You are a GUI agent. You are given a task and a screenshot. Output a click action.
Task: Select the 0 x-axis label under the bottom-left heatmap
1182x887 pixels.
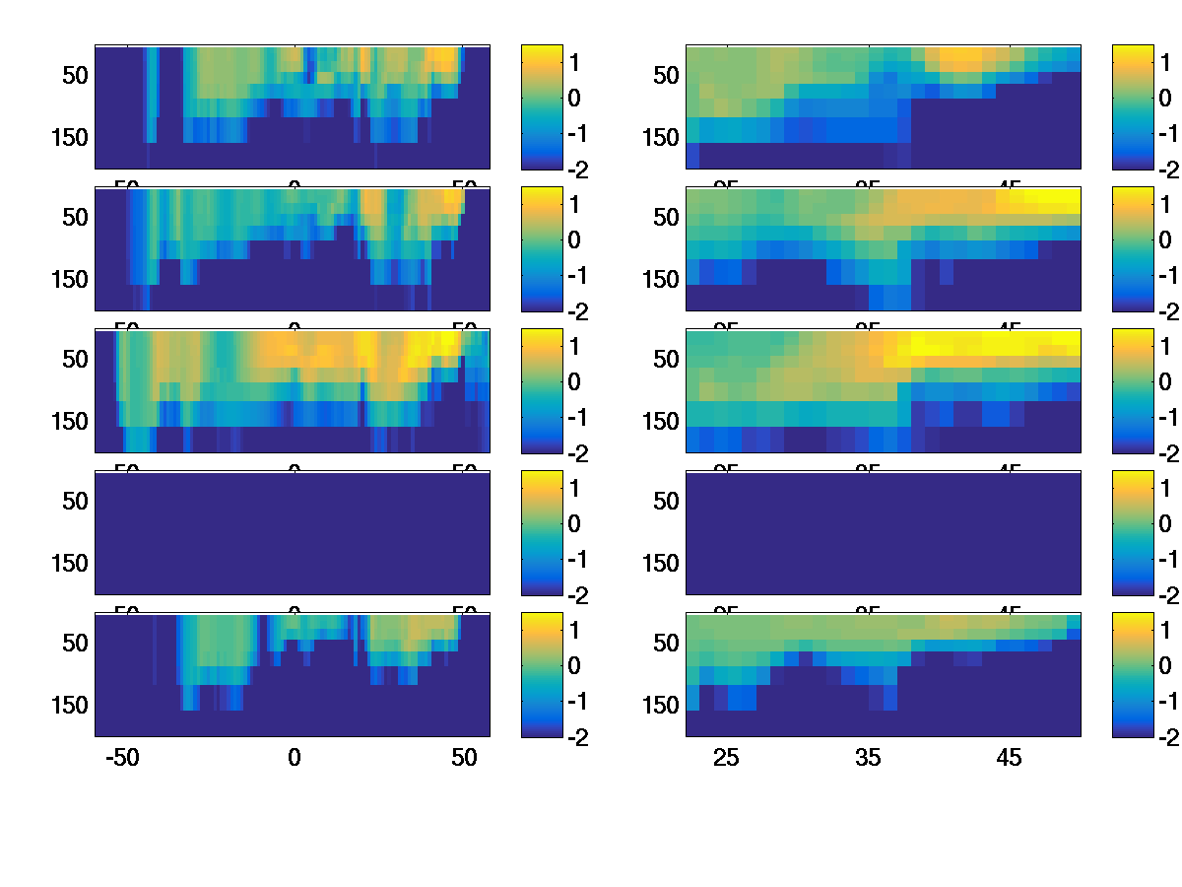[294, 758]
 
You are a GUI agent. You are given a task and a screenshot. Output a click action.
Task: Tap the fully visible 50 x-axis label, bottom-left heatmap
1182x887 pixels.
[464, 758]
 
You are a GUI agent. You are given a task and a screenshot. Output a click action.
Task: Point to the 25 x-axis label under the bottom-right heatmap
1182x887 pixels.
[726, 758]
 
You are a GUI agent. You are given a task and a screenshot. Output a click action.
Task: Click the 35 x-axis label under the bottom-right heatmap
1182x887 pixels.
[868, 758]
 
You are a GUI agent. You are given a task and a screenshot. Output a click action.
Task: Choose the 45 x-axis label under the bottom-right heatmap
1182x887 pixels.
[1010, 758]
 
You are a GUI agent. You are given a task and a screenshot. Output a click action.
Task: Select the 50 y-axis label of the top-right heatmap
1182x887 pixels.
[668, 75]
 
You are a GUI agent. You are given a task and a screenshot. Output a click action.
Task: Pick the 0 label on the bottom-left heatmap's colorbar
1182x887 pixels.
[574, 665]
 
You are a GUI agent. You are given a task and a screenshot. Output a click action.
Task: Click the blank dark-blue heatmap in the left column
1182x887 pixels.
[293, 532]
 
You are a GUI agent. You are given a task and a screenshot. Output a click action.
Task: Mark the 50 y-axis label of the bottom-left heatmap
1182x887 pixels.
[77, 643]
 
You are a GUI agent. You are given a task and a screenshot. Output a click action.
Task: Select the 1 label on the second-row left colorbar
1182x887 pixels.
[574, 204]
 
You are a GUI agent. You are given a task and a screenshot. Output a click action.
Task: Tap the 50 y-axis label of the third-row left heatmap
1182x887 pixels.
[77, 359]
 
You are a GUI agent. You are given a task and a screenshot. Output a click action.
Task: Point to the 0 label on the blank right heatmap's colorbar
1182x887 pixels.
[1165, 523]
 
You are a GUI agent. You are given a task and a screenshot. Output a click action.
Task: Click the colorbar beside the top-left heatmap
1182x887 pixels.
[541, 106]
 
